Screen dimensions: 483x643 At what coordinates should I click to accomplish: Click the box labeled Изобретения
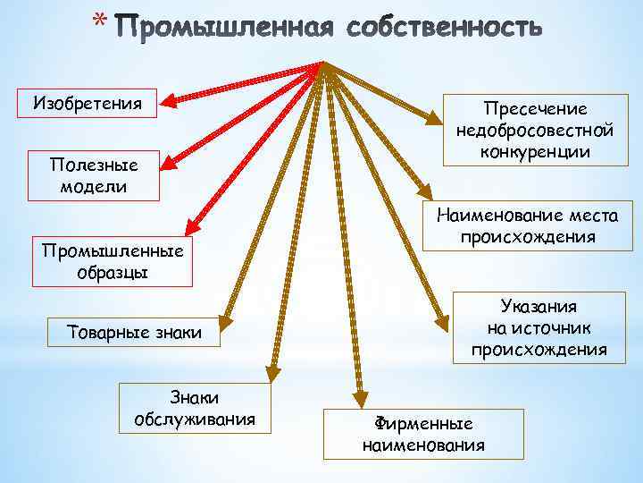point(88,103)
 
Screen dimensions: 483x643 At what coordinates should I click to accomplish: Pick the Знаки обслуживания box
point(194,408)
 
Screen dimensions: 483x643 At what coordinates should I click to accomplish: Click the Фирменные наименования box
point(423,434)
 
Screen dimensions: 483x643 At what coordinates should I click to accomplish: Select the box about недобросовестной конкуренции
point(534,130)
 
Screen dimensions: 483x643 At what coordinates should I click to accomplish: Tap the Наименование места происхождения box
point(533,225)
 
